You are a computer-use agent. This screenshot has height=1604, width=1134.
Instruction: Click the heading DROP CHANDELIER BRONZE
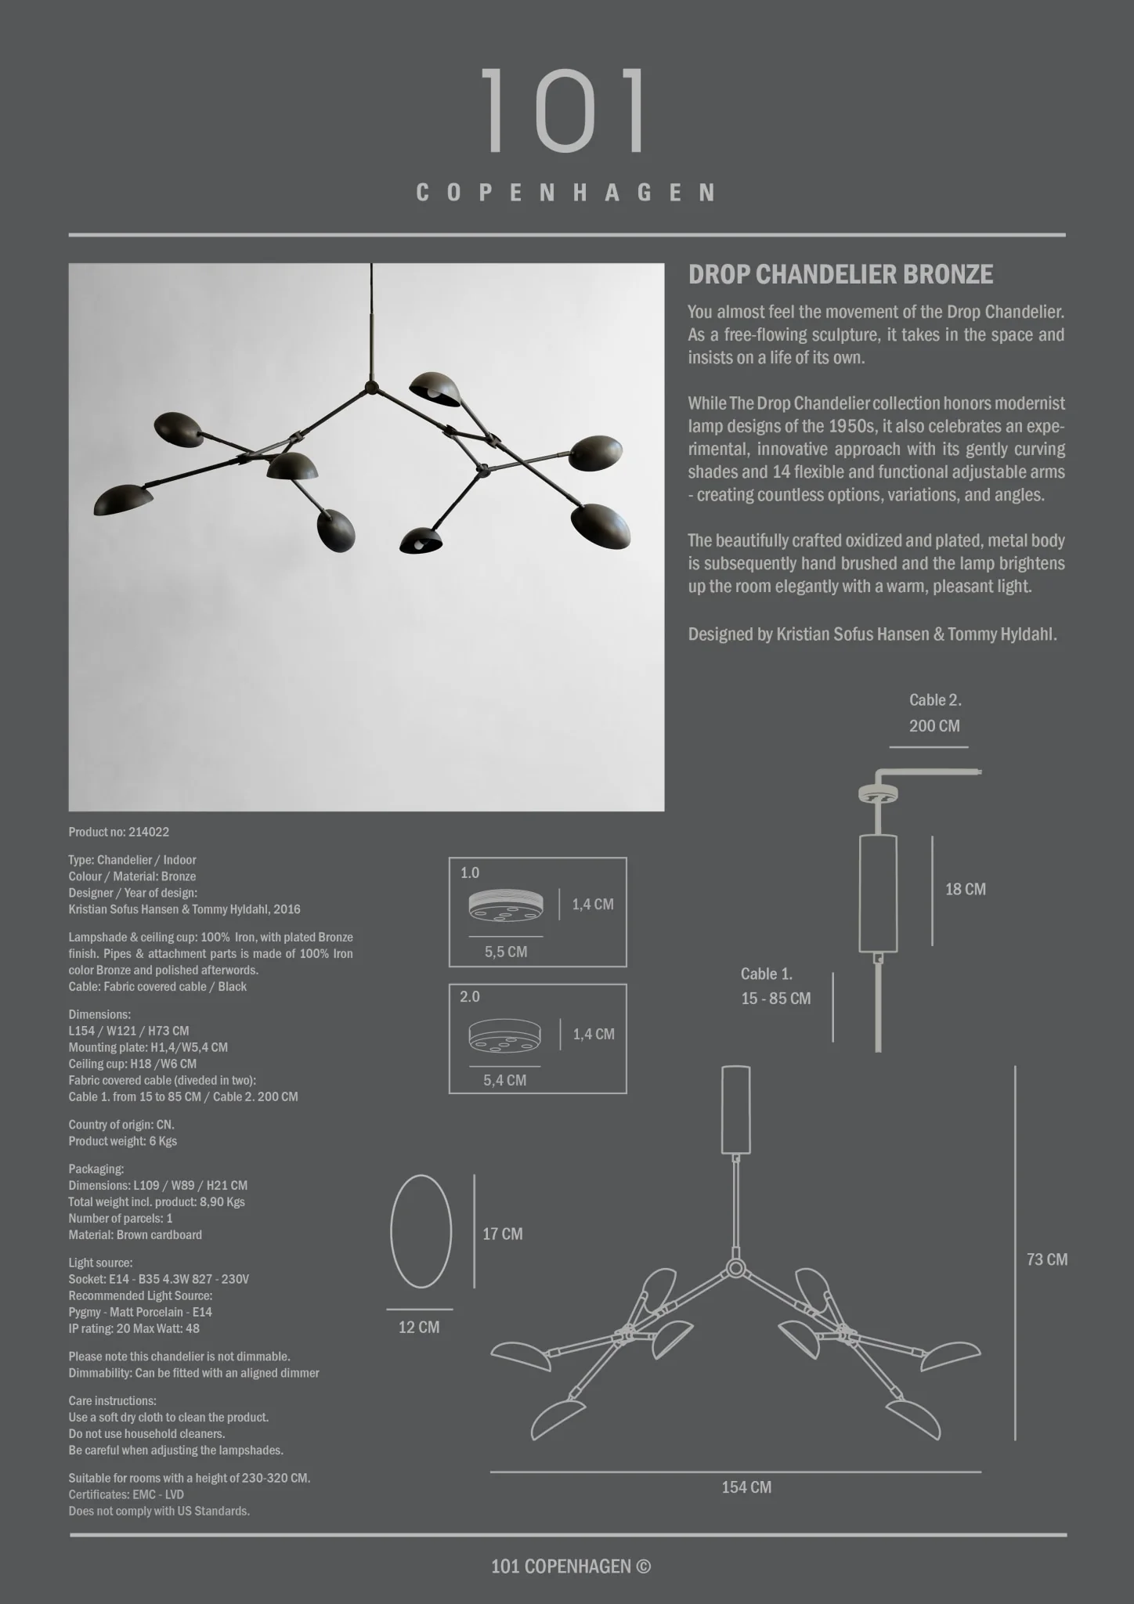tap(840, 275)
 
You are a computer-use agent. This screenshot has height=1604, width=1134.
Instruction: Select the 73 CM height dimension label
tap(1046, 1259)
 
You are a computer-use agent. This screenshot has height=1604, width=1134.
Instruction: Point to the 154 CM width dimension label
tap(746, 1487)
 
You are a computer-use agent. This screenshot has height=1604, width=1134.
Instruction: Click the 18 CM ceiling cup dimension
tap(965, 890)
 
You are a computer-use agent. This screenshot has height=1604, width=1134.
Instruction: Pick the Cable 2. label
tap(935, 700)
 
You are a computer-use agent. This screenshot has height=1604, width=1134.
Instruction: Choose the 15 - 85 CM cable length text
tap(775, 999)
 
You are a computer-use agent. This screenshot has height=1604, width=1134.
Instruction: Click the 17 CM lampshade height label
tap(502, 1234)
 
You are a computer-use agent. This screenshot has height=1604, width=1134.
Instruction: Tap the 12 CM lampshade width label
tap(419, 1328)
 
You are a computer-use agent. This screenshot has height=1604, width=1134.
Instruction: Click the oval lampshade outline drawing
tap(421, 1231)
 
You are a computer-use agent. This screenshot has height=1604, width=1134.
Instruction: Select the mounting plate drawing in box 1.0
tap(505, 905)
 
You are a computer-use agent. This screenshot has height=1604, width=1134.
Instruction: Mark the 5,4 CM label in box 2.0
tap(504, 1081)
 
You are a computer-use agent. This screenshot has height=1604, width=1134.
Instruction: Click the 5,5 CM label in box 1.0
tap(505, 952)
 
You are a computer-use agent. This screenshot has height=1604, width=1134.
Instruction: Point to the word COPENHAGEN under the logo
tap(565, 193)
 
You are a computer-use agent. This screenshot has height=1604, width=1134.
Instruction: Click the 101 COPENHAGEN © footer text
tap(570, 1566)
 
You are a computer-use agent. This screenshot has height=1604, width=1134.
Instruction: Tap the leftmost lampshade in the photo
tap(123, 500)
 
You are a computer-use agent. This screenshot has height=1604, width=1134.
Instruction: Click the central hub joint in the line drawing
tap(735, 1268)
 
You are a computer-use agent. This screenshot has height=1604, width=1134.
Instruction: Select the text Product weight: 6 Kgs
tap(122, 1141)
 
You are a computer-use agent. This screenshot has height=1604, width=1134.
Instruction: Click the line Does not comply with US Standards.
tap(159, 1511)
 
